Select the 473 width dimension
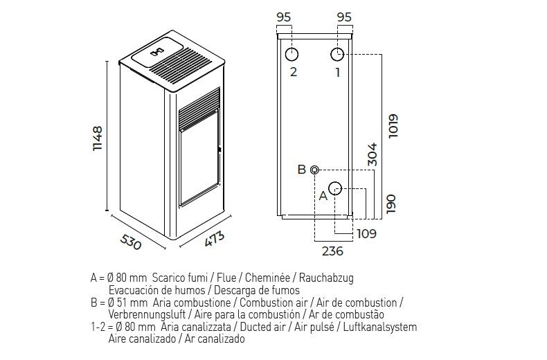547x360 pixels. [x=215, y=240]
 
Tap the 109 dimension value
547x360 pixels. [x=366, y=234]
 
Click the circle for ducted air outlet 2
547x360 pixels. [x=293, y=55]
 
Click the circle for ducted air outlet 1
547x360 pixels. [x=337, y=55]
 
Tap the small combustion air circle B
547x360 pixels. [x=315, y=170]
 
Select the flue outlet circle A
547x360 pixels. [x=335, y=188]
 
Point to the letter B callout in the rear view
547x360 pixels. [x=301, y=170]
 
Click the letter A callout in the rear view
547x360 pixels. [x=322, y=196]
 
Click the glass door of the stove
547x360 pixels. [x=199, y=166]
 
